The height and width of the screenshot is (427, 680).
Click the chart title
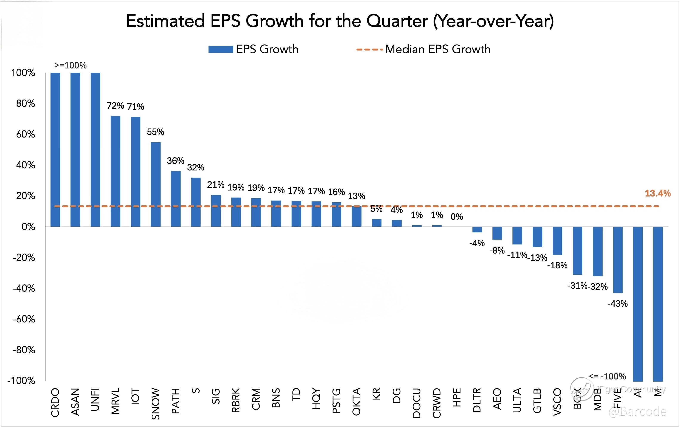340,21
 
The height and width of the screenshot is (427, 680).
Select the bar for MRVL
115,171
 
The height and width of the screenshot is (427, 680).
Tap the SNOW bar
156,184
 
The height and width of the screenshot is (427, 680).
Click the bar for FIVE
618,260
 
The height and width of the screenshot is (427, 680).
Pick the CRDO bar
55,150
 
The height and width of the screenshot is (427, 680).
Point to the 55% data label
155,132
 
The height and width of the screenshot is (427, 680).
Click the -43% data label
617,304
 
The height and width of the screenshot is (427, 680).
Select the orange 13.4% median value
657,193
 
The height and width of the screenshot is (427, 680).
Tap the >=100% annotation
71,65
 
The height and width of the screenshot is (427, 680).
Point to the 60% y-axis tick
26,134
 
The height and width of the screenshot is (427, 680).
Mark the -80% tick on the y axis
24,350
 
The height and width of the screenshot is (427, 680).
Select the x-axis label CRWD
437,403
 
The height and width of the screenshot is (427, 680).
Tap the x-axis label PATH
176,401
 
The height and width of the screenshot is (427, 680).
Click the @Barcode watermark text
638,412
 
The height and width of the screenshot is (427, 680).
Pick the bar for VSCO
557,241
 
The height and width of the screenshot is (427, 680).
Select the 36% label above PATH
175,161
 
